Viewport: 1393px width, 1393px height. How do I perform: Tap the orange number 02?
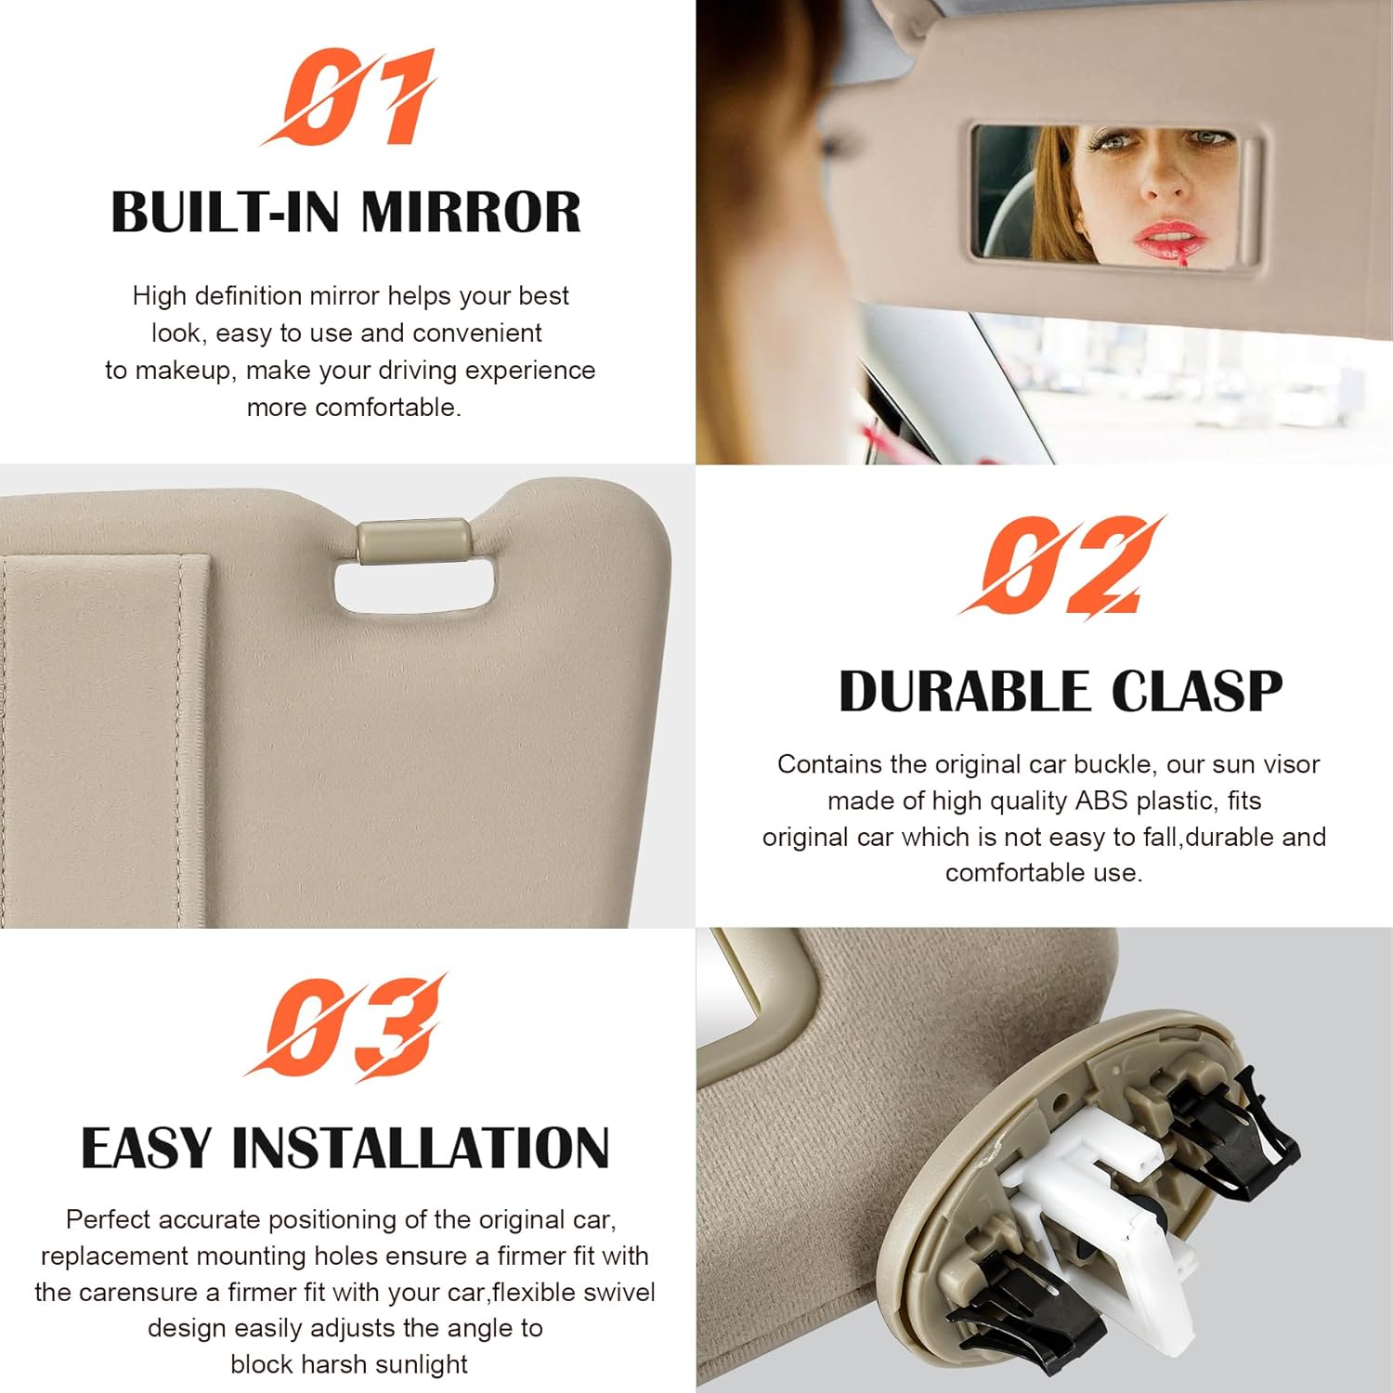click(x=1061, y=566)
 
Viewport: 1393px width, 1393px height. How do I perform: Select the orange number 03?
click(x=346, y=1027)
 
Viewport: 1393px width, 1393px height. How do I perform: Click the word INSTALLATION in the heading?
click(x=421, y=1149)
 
